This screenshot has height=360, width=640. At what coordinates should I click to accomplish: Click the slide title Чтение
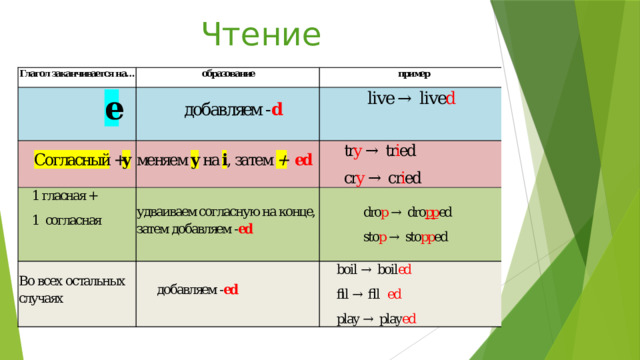pyautogui.click(x=261, y=34)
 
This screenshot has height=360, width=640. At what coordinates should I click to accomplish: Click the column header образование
pyautogui.click(x=227, y=74)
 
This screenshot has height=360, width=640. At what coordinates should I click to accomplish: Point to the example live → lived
pyautogui.click(x=412, y=98)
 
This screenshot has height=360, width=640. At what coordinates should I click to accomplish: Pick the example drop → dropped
pyautogui.click(x=407, y=212)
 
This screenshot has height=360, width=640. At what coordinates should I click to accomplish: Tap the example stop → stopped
pyautogui.click(x=405, y=237)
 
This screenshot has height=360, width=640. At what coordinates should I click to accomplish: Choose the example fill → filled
pyautogui.click(x=369, y=295)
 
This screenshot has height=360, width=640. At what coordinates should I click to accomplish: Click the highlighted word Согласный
pyautogui.click(x=71, y=161)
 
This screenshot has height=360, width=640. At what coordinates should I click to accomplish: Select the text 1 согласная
pyautogui.click(x=66, y=220)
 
